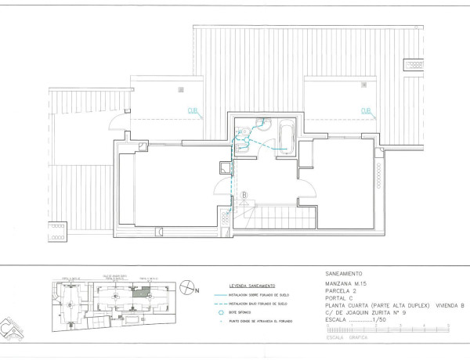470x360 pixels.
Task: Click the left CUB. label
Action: point(192,110)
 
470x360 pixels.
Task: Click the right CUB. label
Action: point(366,111)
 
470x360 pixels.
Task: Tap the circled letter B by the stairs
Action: point(244,195)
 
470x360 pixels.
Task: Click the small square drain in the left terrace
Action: point(181,90)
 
